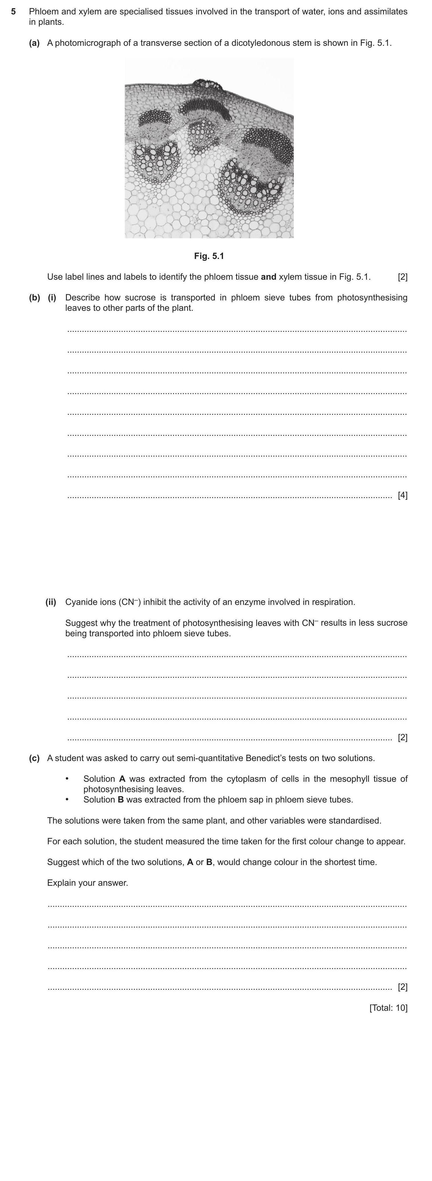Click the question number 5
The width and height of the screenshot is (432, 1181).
[x=14, y=12]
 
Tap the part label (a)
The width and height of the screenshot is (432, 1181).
[x=34, y=43]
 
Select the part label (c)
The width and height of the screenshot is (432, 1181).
[x=34, y=758]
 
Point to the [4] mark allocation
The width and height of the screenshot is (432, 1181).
[x=402, y=495]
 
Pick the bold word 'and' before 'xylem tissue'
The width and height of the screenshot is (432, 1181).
[x=268, y=277]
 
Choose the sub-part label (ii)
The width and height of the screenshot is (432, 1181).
[x=50, y=602]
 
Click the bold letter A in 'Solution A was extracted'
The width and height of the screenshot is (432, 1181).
[x=122, y=779]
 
